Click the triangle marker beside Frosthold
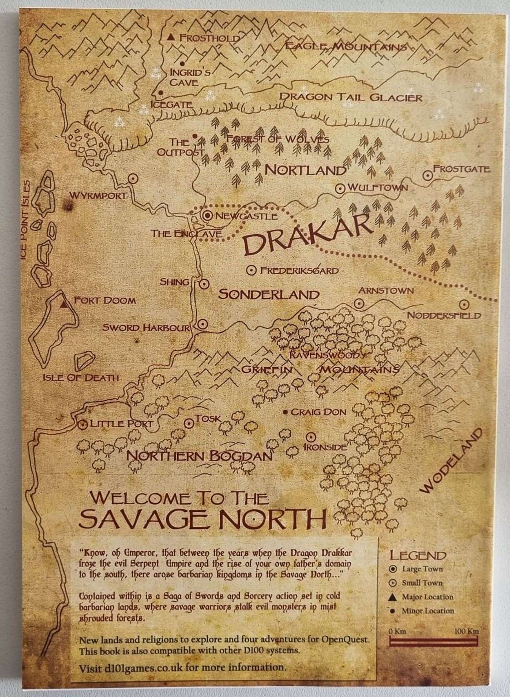171,37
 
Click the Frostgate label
461,169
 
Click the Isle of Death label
80,378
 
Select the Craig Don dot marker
285,412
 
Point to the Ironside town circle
311,437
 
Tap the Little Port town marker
83,425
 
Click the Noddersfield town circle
464,304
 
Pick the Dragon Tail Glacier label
351,97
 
